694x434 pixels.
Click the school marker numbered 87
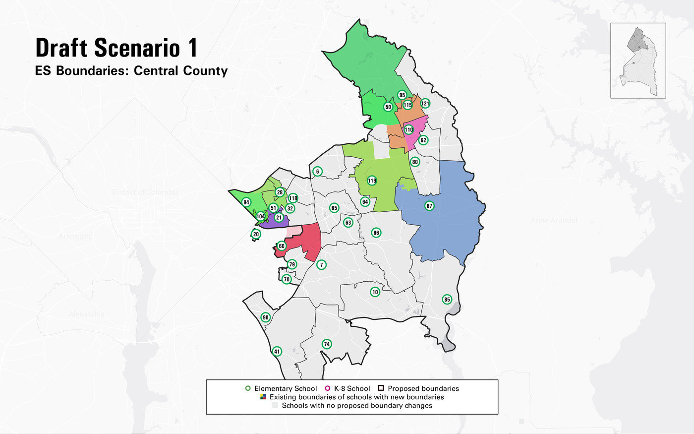(429, 206)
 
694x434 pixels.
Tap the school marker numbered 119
(372, 181)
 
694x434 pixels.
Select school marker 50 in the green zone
(388, 107)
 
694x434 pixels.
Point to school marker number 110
(408, 130)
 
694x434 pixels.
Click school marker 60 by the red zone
(282, 246)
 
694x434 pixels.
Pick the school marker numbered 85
(447, 300)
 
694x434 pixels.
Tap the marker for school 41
(277, 352)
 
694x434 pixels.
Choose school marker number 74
(327, 344)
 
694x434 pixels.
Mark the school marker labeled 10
(375, 292)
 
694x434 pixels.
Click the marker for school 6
(318, 172)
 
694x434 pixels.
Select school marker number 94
(246, 202)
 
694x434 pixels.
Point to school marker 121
(425, 104)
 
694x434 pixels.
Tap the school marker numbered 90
(266, 317)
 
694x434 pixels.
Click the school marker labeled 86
(377, 233)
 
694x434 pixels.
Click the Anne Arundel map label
(554, 220)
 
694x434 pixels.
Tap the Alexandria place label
(86, 314)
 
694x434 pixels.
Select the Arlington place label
(74, 237)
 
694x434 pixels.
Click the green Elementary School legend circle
(248, 388)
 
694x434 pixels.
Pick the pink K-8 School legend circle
(327, 388)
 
